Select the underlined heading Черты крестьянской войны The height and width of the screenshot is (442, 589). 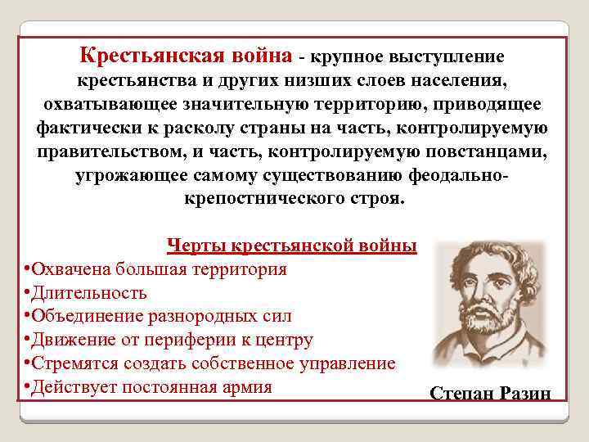pos(291,246)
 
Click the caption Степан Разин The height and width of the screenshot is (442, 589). pos(490,394)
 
